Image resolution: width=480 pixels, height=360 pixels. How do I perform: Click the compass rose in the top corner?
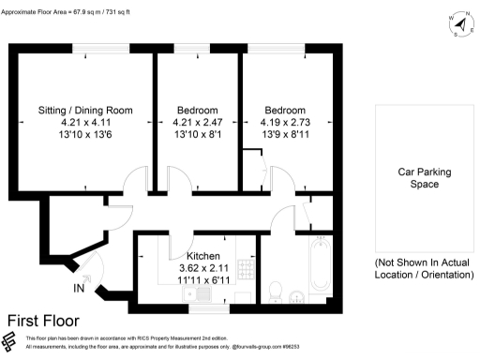click(x=457, y=25)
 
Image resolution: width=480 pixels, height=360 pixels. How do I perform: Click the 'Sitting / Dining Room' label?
click(x=85, y=110)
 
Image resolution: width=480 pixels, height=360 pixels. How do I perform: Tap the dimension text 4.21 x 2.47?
click(x=198, y=122)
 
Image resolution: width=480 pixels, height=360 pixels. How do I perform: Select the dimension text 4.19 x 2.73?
click(x=284, y=122)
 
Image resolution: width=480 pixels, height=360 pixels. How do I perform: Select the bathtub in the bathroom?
click(x=318, y=263)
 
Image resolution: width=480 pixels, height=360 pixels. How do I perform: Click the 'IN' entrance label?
click(x=78, y=291)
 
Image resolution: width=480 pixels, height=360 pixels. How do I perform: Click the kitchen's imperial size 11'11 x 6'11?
click(x=203, y=279)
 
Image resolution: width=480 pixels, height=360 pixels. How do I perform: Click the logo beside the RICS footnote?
click(x=12, y=342)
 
